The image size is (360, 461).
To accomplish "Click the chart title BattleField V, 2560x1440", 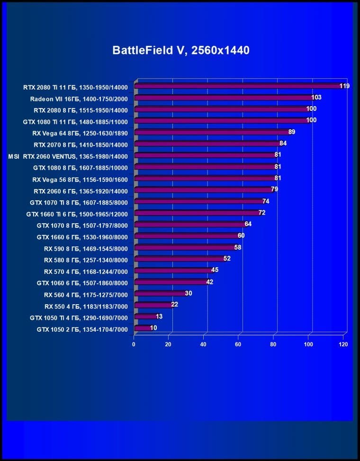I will point(180,51).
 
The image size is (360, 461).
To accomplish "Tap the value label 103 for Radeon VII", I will point(316,97).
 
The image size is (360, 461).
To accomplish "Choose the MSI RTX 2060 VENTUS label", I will point(68,156).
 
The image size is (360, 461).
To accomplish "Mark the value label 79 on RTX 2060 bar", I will point(274,190).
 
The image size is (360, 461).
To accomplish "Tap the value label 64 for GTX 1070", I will point(248,224).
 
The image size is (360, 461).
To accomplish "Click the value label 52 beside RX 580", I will point(227,259).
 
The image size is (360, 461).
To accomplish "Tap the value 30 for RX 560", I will point(189,293).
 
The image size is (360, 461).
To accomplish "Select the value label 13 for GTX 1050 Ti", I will point(160,316).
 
